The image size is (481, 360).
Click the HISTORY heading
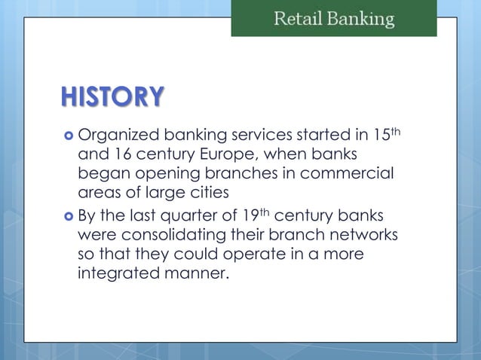coord(113,97)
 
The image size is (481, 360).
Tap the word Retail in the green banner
coord(298,19)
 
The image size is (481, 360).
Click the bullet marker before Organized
coord(67,136)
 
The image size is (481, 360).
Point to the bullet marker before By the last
coord(67,216)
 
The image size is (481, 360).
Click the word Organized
coord(121,137)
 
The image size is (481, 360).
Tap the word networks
coord(366,235)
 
